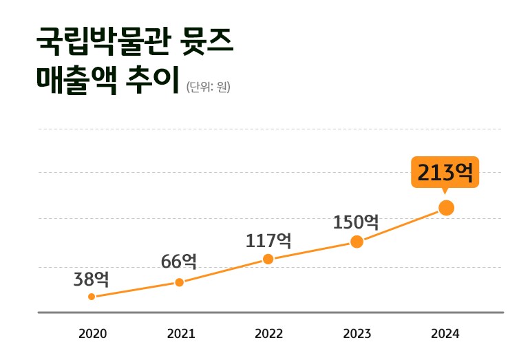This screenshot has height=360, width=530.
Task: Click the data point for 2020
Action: tap(92, 297)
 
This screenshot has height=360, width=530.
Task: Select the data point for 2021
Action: tap(179, 282)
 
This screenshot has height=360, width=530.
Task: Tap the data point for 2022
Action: tap(268, 259)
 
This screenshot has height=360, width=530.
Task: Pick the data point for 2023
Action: tap(357, 242)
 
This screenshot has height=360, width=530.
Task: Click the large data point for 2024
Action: tap(446, 208)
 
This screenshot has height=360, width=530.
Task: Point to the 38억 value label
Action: tap(92, 279)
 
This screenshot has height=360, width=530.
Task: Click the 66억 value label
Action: tap(179, 262)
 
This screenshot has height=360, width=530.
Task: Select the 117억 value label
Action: tap(268, 241)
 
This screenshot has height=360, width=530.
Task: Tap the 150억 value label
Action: tap(356, 222)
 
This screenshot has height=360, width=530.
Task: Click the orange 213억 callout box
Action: tap(445, 172)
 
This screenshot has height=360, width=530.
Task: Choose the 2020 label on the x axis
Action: tap(93, 334)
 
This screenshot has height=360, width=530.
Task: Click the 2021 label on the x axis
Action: tap(181, 334)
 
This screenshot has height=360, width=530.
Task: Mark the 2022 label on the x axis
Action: tap(269, 334)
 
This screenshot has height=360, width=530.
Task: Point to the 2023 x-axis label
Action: tap(357, 334)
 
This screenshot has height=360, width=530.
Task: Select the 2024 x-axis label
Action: tap(445, 334)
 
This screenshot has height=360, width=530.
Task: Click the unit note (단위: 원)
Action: tap(209, 87)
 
